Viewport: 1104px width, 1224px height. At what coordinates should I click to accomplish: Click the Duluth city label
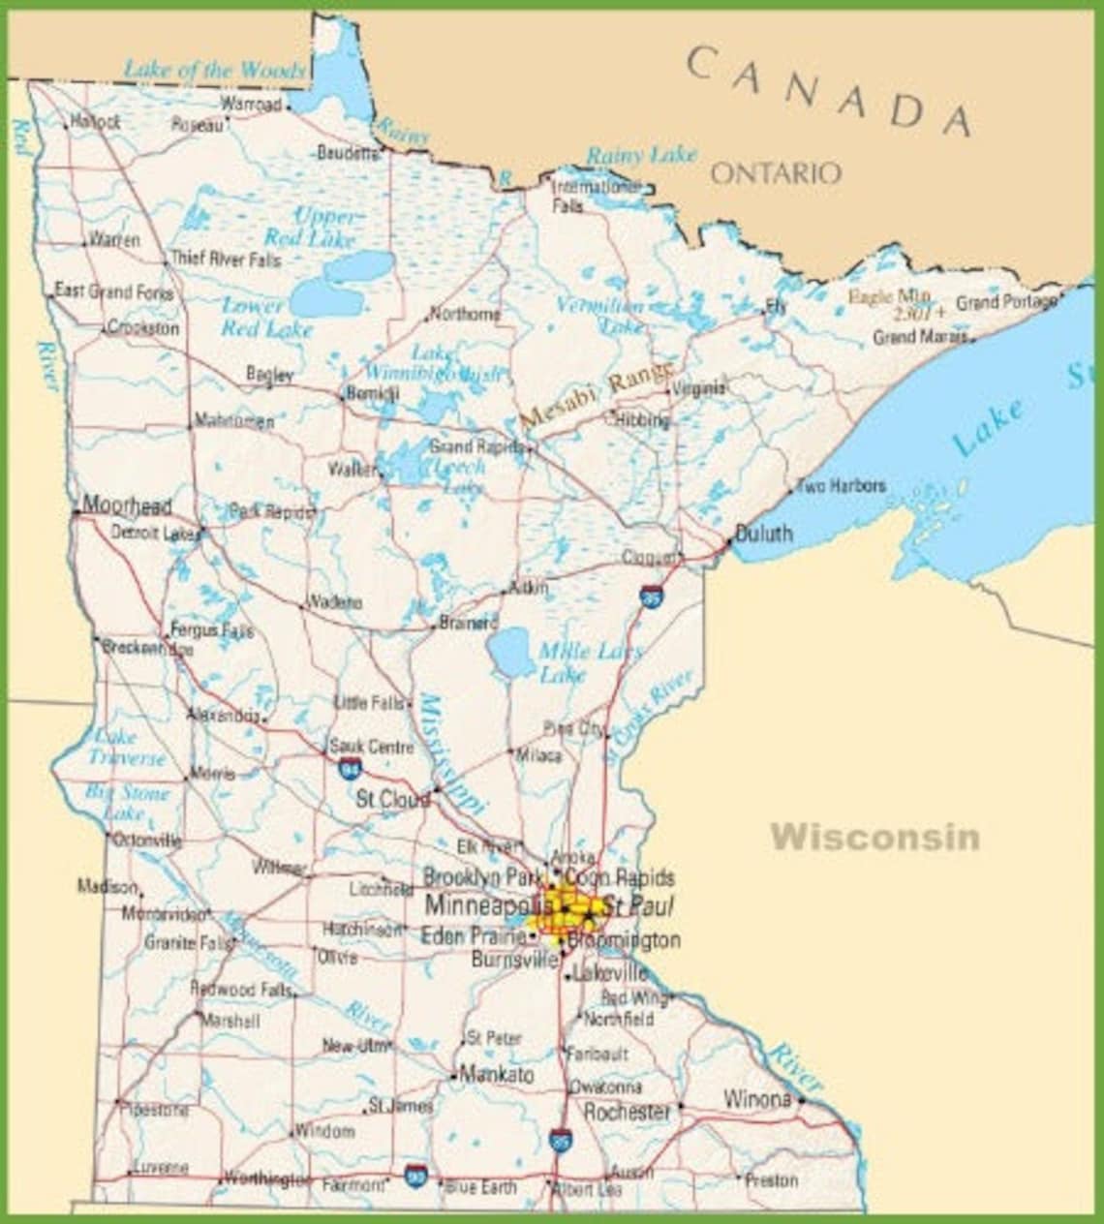(x=764, y=533)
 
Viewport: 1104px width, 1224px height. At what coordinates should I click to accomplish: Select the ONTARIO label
(x=776, y=173)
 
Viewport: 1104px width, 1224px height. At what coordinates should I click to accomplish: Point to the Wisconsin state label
(x=874, y=836)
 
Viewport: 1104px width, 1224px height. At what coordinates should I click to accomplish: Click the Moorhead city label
(x=127, y=505)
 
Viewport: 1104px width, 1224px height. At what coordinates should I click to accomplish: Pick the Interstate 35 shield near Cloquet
(x=652, y=594)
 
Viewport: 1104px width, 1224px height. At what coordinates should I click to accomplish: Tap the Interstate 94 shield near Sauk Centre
(x=351, y=770)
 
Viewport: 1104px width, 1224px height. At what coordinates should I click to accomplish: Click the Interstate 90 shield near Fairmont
(x=415, y=1175)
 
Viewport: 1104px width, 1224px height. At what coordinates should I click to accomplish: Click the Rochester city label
(x=627, y=1112)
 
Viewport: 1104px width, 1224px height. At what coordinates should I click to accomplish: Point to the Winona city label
(x=757, y=1099)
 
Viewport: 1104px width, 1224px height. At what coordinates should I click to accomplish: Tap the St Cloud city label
(x=392, y=800)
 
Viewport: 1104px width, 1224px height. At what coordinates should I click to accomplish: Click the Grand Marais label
(x=920, y=337)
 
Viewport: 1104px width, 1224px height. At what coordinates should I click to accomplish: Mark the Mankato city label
(x=496, y=1074)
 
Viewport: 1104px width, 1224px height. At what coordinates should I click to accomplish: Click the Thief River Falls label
(x=226, y=260)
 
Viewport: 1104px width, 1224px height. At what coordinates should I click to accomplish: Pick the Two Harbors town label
(x=841, y=485)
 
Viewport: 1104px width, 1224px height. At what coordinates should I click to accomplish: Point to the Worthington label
(x=266, y=1178)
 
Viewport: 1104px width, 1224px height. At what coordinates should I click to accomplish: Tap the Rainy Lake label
(x=641, y=155)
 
